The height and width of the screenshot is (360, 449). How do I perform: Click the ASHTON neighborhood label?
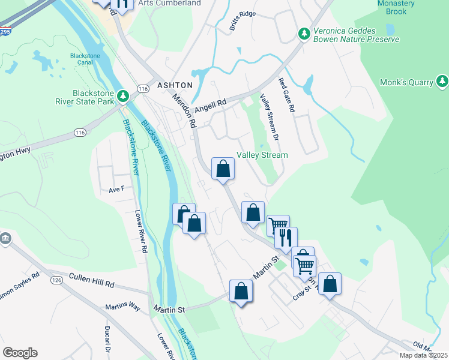(x=175, y=86)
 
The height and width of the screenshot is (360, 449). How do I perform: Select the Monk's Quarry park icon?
(x=443, y=81)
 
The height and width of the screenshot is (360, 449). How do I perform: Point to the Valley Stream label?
(x=262, y=155)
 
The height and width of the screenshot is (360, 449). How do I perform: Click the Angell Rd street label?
(x=213, y=103)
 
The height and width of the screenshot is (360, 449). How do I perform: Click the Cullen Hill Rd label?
(x=91, y=277)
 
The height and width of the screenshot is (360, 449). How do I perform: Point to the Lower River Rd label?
(x=142, y=231)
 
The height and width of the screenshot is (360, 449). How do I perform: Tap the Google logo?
(x=20, y=353)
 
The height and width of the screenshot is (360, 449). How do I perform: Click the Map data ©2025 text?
(x=423, y=355)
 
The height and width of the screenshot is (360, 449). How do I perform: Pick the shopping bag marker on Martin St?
(x=241, y=291)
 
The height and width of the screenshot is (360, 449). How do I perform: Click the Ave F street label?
(x=116, y=189)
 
